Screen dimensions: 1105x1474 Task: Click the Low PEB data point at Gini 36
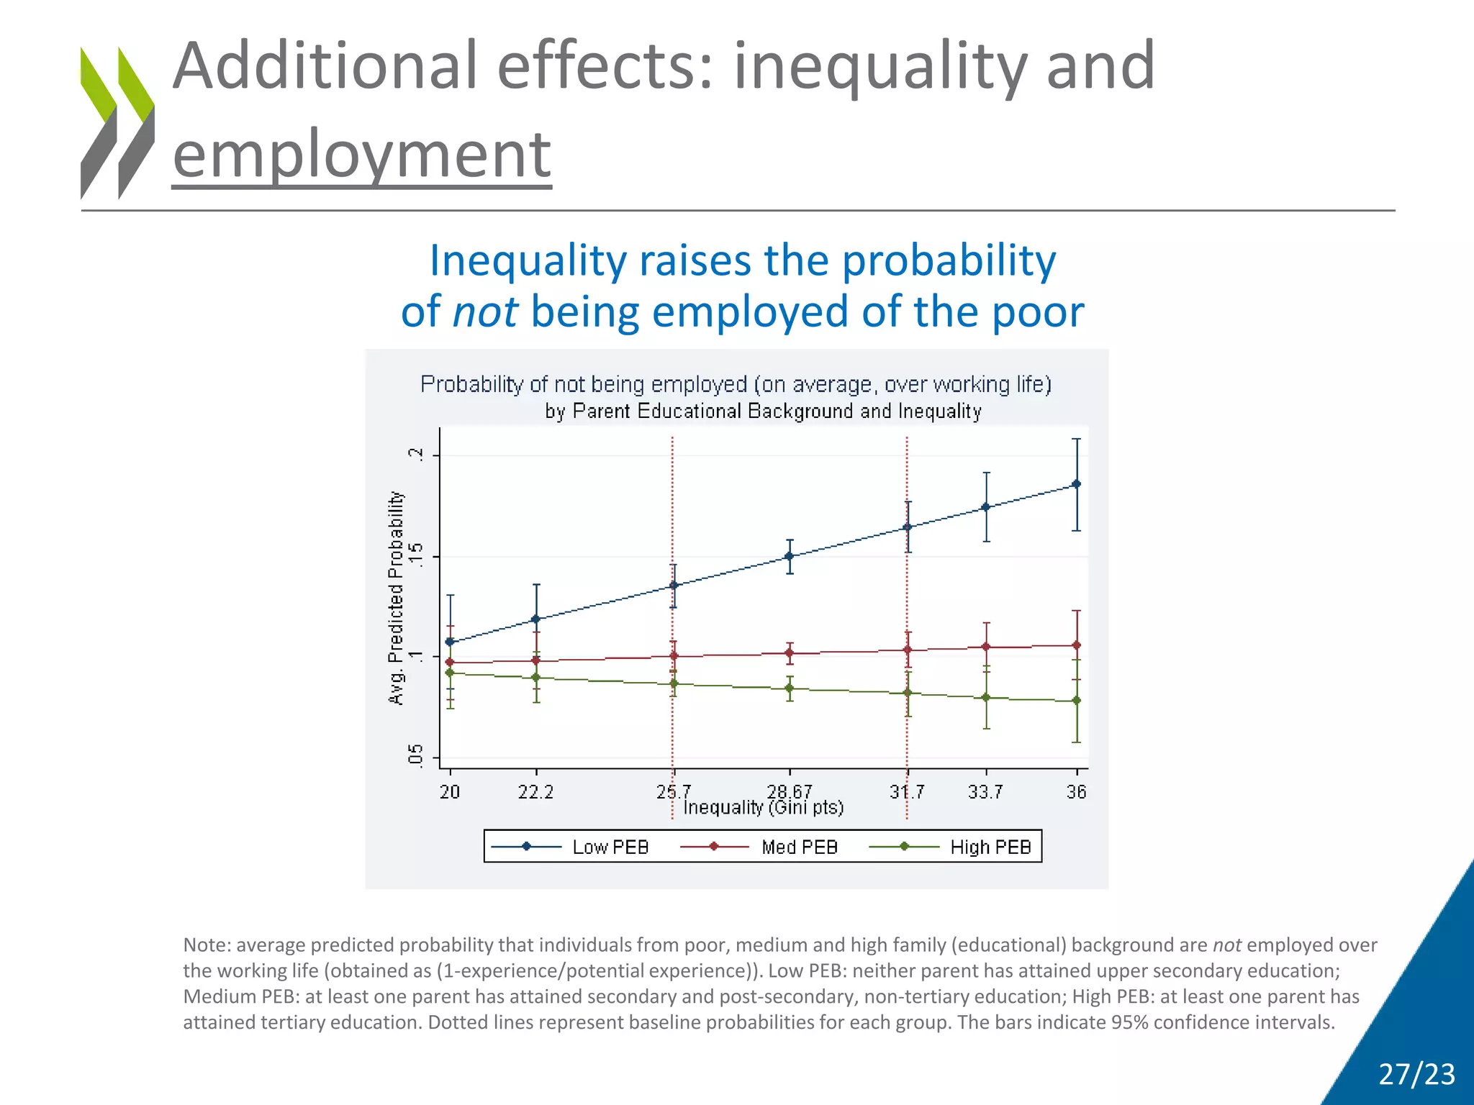tap(1076, 484)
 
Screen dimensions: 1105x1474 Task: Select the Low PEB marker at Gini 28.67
tap(790, 556)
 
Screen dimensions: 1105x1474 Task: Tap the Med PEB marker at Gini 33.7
tap(986, 647)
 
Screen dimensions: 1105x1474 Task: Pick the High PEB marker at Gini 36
tap(1076, 700)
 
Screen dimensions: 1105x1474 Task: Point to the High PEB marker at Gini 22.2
tap(536, 677)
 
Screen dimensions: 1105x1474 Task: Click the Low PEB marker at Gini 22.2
tap(536, 619)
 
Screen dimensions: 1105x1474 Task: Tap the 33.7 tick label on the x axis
tap(985, 792)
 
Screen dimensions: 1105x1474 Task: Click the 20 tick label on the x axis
tap(450, 792)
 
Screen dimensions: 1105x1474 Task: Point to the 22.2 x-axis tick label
tap(536, 792)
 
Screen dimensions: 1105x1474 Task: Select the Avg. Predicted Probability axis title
tap(396, 598)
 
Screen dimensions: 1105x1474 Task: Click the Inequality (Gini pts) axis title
tap(763, 808)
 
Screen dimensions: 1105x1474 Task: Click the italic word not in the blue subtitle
tap(485, 312)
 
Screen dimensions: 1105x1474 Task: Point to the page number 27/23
tap(1416, 1074)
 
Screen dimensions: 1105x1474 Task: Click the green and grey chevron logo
tap(117, 122)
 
